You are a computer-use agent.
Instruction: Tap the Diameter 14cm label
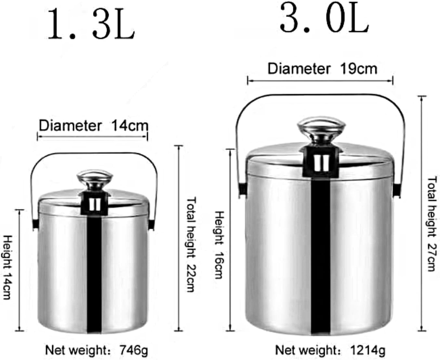tap(93, 125)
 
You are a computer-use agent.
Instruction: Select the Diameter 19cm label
tap(322, 69)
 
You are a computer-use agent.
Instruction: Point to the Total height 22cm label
tap(191, 244)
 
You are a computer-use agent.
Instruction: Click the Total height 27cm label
tap(432, 224)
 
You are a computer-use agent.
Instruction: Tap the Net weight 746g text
tap(96, 351)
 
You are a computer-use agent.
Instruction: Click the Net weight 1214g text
tap(330, 351)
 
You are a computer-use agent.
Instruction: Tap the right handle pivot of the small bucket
tap(152, 225)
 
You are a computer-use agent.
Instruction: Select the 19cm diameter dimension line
tap(320, 80)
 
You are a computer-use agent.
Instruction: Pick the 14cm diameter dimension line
tap(93, 136)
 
